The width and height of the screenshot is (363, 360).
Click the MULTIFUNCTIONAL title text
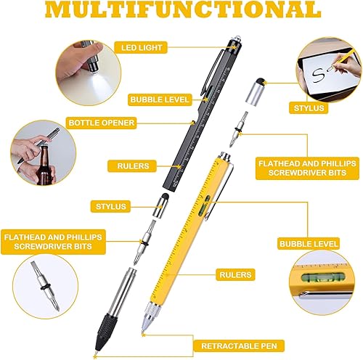coord(181,10)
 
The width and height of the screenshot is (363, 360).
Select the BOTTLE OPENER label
coord(101,123)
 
